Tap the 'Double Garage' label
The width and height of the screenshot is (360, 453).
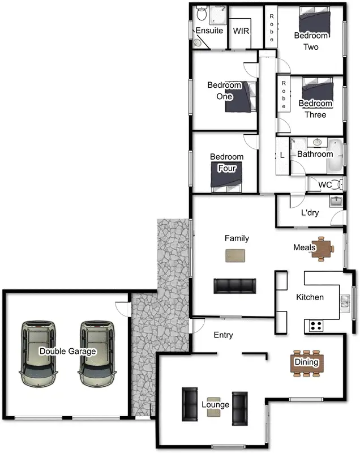tap(67, 351)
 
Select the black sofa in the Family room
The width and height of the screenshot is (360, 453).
tap(234, 286)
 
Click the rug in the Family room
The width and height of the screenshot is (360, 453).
tap(236, 256)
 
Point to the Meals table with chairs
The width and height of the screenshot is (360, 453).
tap(323, 249)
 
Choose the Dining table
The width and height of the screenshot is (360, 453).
tap(307, 362)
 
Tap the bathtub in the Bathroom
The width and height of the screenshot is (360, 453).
tap(336, 155)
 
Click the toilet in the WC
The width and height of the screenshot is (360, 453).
tap(338, 184)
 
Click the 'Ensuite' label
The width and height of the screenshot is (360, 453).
tap(209, 31)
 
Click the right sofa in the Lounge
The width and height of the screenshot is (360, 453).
tap(240, 408)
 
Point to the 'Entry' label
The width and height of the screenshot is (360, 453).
tap(223, 335)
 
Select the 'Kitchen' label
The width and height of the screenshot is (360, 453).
tap(310, 297)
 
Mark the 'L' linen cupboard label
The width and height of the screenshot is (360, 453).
tap(282, 155)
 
